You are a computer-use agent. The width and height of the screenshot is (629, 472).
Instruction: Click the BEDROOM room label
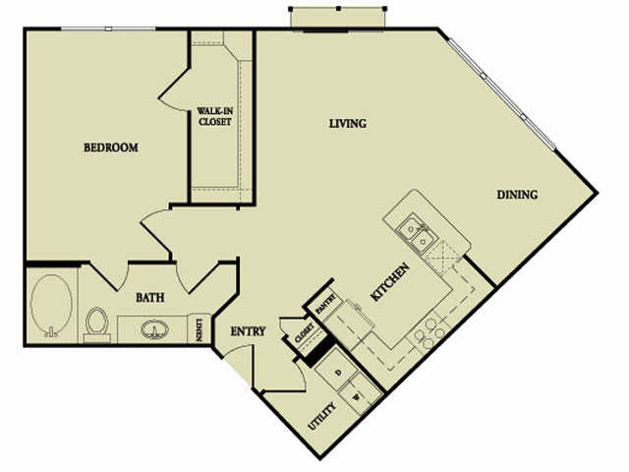[111, 147]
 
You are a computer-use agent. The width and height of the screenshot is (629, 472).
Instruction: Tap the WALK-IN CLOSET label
[215, 116]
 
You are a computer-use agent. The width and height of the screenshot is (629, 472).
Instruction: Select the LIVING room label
[348, 123]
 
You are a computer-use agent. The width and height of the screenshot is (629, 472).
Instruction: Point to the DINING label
[517, 195]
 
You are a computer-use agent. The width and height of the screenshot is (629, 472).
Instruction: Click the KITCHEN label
[390, 282]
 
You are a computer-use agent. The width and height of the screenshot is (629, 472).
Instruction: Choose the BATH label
[150, 297]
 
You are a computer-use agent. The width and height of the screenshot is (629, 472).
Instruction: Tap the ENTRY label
[248, 331]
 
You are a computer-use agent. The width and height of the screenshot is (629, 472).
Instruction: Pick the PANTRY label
[325, 304]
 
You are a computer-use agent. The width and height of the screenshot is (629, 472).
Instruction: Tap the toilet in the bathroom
[96, 324]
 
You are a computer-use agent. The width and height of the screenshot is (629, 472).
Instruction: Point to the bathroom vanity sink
[155, 329]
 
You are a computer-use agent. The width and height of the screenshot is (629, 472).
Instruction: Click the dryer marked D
[338, 372]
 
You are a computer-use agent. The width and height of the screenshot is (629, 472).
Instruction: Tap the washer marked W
[357, 395]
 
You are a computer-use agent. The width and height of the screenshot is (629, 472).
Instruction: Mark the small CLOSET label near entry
[304, 333]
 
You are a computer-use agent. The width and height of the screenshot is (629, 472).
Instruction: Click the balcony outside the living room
[337, 18]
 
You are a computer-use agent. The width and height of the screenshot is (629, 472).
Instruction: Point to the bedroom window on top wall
[108, 29]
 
